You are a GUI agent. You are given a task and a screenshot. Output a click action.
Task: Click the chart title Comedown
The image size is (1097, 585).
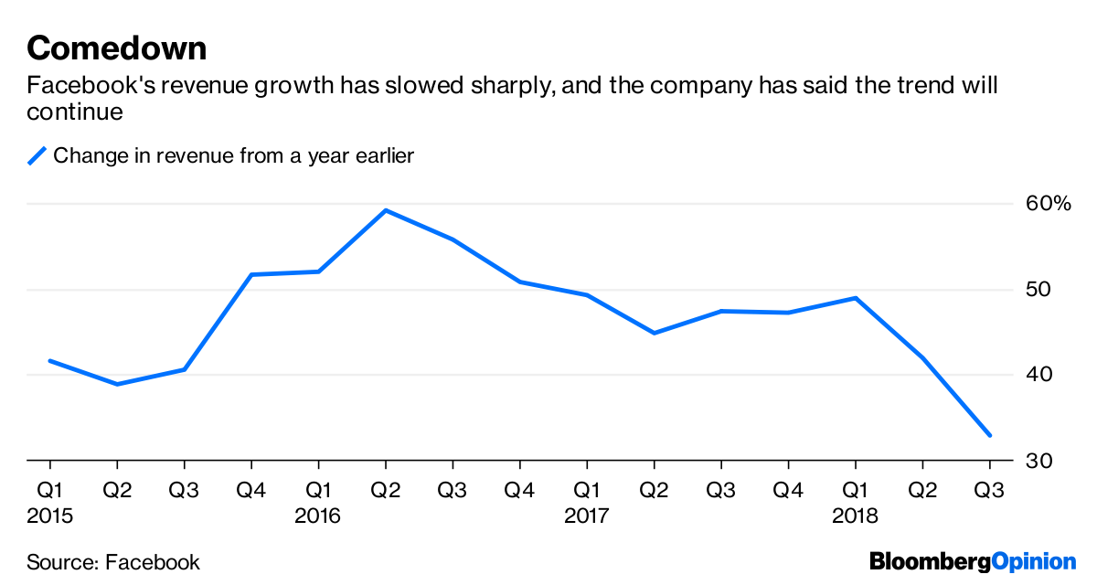(x=116, y=48)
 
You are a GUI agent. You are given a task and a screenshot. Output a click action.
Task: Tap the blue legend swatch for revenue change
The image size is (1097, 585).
(x=37, y=156)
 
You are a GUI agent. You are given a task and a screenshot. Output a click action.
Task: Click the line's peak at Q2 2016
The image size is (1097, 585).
(x=386, y=211)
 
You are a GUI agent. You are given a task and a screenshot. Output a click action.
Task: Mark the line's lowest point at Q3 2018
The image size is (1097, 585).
(x=989, y=435)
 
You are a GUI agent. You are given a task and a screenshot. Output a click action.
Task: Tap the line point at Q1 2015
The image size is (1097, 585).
(x=49, y=361)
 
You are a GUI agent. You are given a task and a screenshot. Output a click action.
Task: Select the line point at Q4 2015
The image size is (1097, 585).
(x=251, y=274)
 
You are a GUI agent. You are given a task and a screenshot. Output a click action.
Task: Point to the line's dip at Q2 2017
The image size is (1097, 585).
(x=654, y=333)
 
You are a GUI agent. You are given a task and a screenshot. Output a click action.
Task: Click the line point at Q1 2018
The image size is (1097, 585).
(x=855, y=298)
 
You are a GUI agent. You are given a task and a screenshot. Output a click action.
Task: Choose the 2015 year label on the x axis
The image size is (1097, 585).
(x=49, y=516)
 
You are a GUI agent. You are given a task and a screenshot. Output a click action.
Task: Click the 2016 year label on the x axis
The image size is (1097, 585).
(x=317, y=516)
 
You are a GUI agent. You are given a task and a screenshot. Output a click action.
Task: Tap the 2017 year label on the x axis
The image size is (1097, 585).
(x=586, y=516)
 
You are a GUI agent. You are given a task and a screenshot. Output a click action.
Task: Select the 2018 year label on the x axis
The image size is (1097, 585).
(x=855, y=516)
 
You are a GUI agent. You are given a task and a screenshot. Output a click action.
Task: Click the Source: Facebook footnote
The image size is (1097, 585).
(x=113, y=562)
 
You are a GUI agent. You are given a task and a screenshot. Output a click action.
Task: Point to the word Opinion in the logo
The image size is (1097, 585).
(x=1034, y=562)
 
